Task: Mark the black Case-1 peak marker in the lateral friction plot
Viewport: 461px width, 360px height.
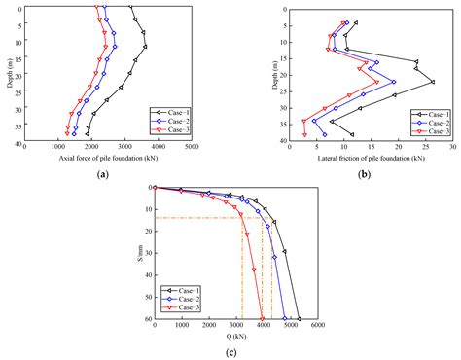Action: tap(433, 82)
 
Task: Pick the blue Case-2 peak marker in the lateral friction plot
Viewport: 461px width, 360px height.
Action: tap(393, 82)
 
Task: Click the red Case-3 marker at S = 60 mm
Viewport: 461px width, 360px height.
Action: tap(262, 318)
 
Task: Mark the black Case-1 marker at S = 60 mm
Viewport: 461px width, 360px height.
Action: tap(299, 318)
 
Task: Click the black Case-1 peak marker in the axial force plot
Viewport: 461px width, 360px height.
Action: tap(145, 46)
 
